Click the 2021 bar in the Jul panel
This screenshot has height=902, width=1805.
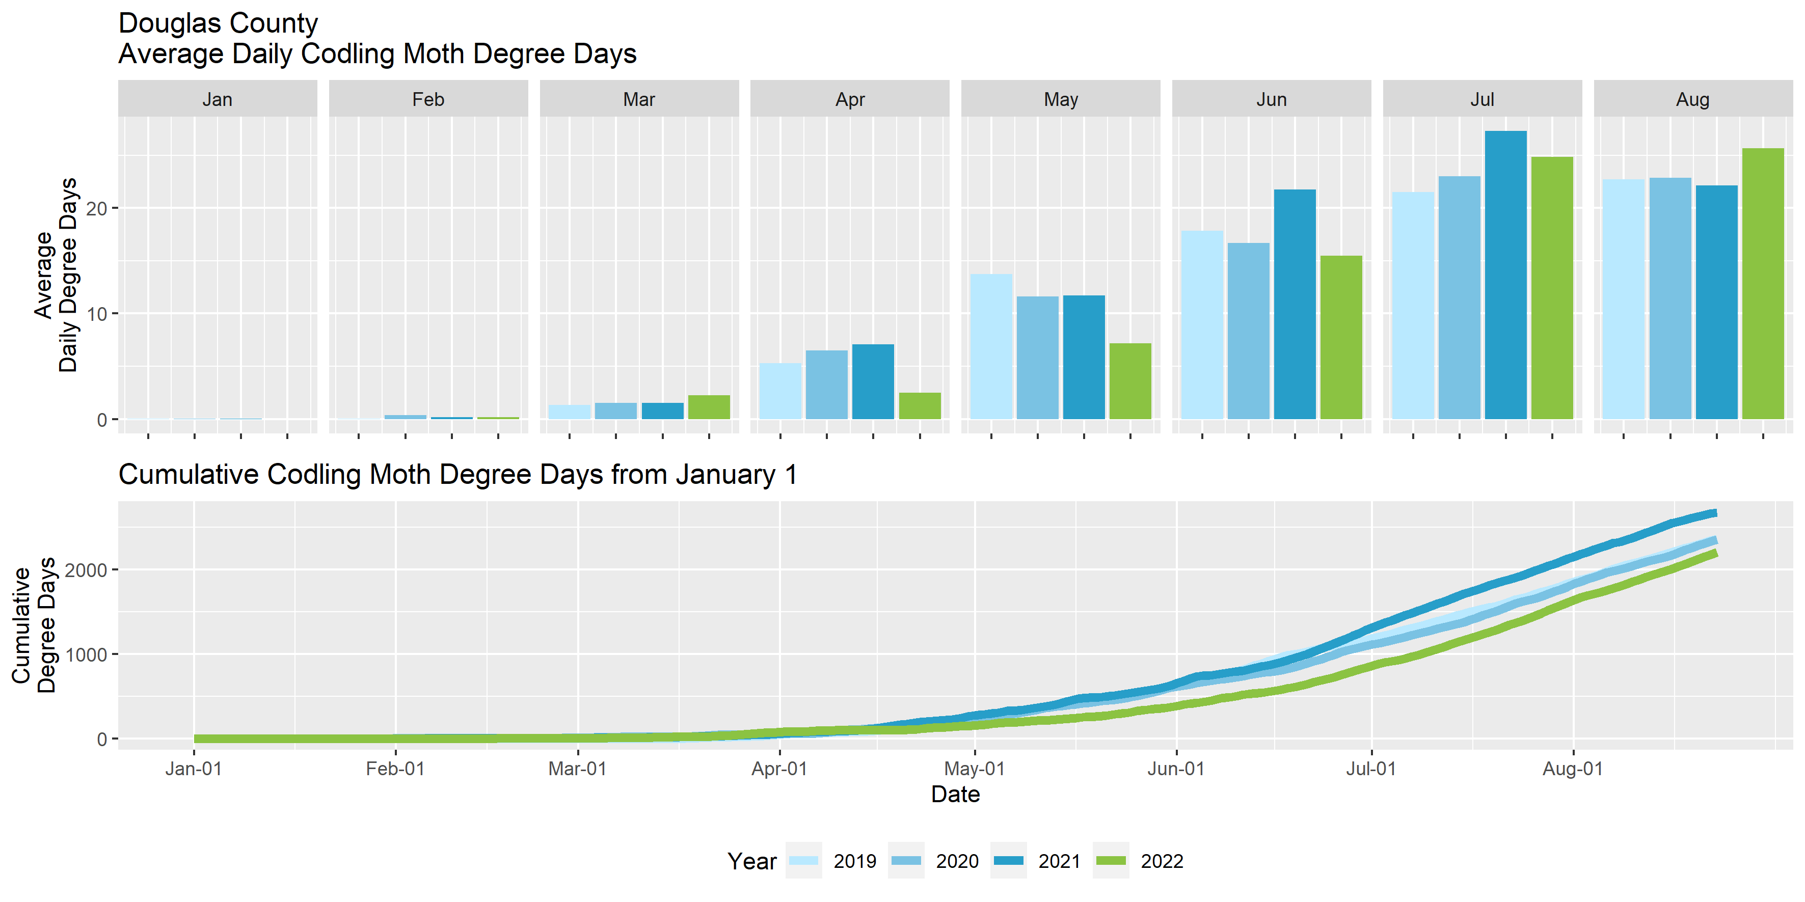(x=1505, y=275)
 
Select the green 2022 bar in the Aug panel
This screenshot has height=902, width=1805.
(x=1763, y=284)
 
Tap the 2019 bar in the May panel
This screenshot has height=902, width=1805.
(x=991, y=347)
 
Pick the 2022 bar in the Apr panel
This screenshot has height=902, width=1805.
(x=920, y=406)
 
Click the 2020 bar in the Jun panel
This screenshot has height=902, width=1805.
(x=1248, y=331)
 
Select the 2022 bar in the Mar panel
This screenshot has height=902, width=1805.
(x=709, y=407)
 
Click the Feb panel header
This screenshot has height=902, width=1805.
(x=428, y=99)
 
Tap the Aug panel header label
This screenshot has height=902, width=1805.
(x=1693, y=99)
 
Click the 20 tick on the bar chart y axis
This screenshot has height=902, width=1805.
(x=97, y=209)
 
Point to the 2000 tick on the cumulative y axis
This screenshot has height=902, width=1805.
(x=86, y=570)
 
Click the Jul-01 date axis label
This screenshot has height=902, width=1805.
(x=1371, y=769)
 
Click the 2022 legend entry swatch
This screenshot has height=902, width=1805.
(x=1111, y=861)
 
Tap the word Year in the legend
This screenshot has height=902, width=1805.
(x=752, y=861)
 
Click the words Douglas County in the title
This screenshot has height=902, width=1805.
(x=218, y=23)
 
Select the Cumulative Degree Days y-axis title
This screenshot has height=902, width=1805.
(x=33, y=625)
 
